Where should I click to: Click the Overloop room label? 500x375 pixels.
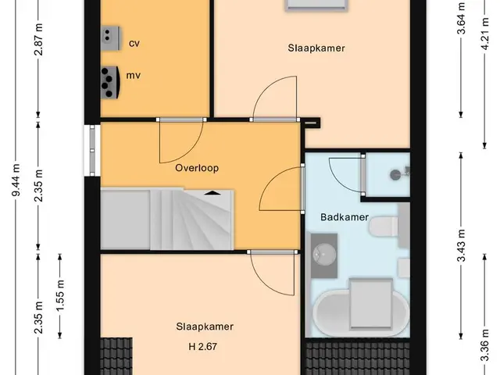point(197,168)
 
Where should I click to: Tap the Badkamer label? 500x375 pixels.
point(345,217)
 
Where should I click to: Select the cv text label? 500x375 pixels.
point(134,44)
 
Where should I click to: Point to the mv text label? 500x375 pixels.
point(134,76)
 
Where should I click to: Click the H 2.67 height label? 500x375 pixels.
point(203,346)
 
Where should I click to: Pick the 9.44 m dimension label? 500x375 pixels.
point(16,180)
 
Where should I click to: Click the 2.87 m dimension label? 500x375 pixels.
point(39,39)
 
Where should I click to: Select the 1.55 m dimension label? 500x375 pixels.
point(60,295)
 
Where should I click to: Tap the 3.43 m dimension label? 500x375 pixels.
point(462,245)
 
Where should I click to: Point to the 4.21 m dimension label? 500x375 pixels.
point(485,34)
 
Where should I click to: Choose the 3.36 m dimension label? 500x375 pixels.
point(485,345)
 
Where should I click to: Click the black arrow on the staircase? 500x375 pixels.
point(212,193)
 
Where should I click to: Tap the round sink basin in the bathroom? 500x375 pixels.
point(324,255)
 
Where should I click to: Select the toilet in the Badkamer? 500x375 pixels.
point(384,227)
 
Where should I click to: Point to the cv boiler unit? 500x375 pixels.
point(111,38)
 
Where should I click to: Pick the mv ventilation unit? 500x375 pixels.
point(111,82)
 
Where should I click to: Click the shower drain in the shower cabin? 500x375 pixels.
point(395,175)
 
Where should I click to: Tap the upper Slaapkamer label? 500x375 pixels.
point(316,48)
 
